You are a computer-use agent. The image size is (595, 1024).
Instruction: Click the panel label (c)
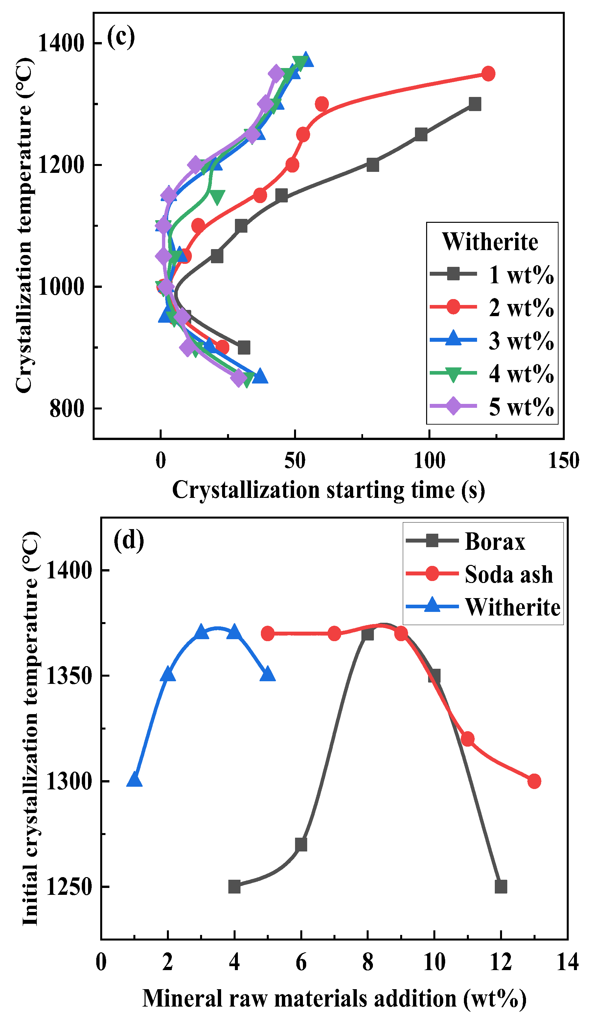[121, 37]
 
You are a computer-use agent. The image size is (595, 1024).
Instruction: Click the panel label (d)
[129, 541]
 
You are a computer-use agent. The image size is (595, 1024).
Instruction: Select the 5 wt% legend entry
[492, 407]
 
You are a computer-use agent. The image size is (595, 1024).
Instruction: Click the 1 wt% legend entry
[492, 275]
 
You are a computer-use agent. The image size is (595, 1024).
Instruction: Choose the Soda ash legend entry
[480, 574]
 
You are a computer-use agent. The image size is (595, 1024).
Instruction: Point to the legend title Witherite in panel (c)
[490, 242]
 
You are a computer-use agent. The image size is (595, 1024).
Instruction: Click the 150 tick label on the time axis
[564, 461]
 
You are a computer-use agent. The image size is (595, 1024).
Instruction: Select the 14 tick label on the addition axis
[568, 962]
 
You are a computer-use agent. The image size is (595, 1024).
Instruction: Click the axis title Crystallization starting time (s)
[329, 490]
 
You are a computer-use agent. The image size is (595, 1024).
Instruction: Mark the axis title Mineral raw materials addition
[334, 998]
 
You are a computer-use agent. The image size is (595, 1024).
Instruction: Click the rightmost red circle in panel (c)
[488, 74]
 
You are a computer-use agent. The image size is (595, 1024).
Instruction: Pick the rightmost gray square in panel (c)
[475, 104]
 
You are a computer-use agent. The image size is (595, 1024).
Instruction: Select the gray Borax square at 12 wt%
[501, 887]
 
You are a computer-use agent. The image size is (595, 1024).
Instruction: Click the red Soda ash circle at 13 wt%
[535, 781]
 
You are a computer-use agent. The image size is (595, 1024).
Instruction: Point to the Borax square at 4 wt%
[234, 887]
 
